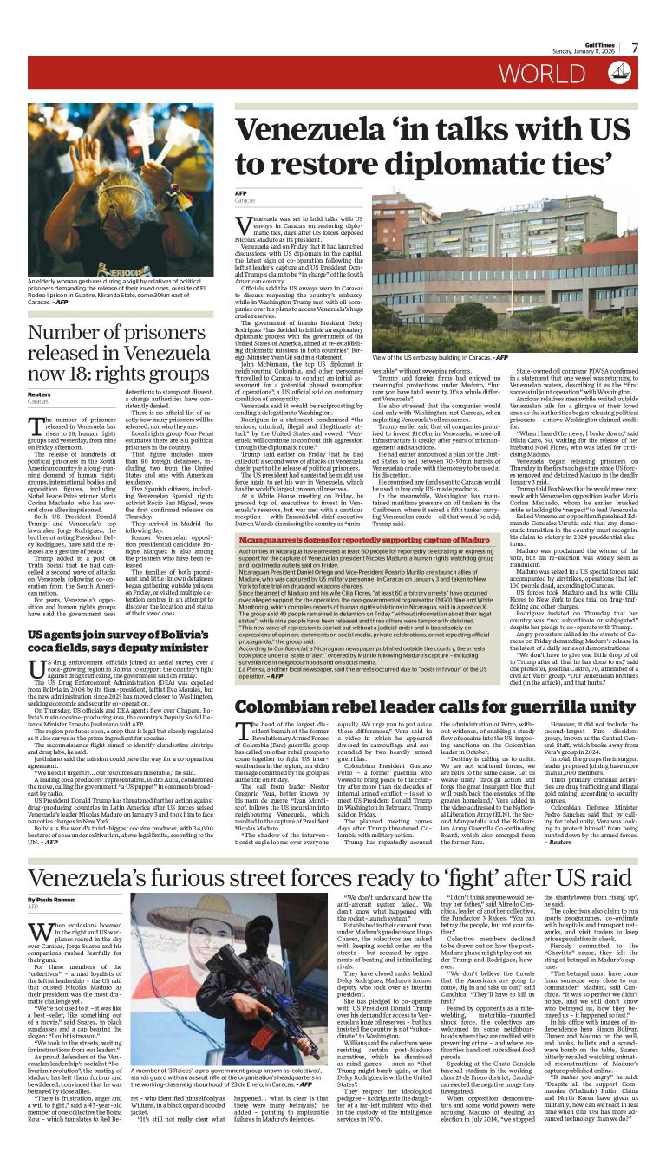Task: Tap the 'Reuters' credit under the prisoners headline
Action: click(38, 394)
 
